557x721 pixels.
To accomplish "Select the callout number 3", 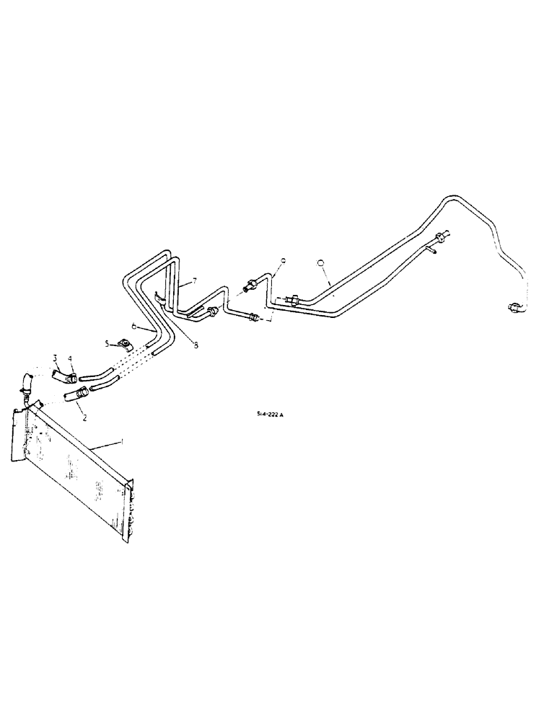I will [56, 357].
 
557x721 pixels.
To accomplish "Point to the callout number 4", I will [70, 359].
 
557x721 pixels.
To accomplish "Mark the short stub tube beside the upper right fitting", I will [431, 251].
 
